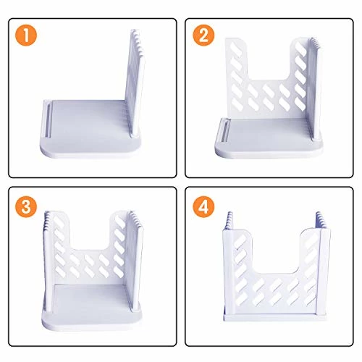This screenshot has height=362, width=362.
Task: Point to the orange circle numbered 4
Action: tap(204, 206)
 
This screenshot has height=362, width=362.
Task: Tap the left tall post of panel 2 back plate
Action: tap(236, 72)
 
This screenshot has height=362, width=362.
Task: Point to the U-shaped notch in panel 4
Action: tap(271, 250)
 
